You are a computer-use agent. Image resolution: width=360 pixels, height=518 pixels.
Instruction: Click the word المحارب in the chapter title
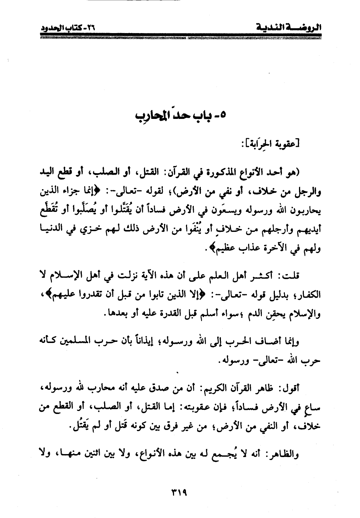152,114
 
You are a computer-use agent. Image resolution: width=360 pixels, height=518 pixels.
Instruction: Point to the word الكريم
217,388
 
